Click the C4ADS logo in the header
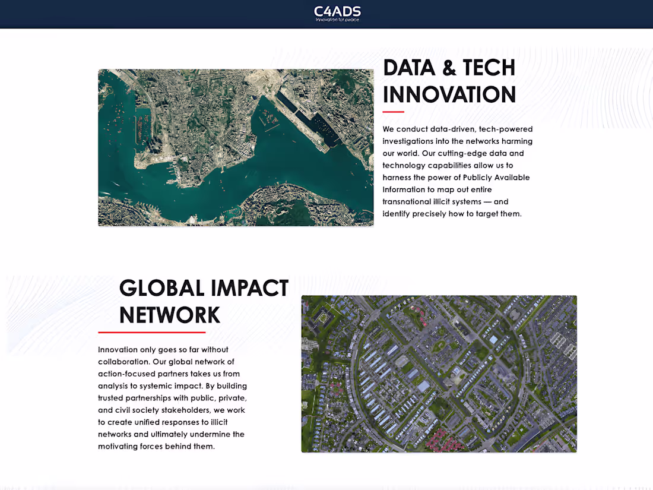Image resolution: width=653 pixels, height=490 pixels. click(x=337, y=11)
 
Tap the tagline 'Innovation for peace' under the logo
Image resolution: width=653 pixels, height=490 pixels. click(x=337, y=20)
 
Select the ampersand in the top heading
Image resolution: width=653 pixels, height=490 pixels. click(x=449, y=68)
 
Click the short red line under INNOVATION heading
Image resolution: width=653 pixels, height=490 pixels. click(x=393, y=112)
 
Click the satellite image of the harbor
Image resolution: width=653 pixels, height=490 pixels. click(x=236, y=148)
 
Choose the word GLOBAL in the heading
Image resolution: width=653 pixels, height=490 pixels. click(x=161, y=288)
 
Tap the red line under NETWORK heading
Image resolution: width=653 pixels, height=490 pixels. click(x=151, y=332)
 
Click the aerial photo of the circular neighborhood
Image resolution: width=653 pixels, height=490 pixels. click(x=439, y=374)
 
